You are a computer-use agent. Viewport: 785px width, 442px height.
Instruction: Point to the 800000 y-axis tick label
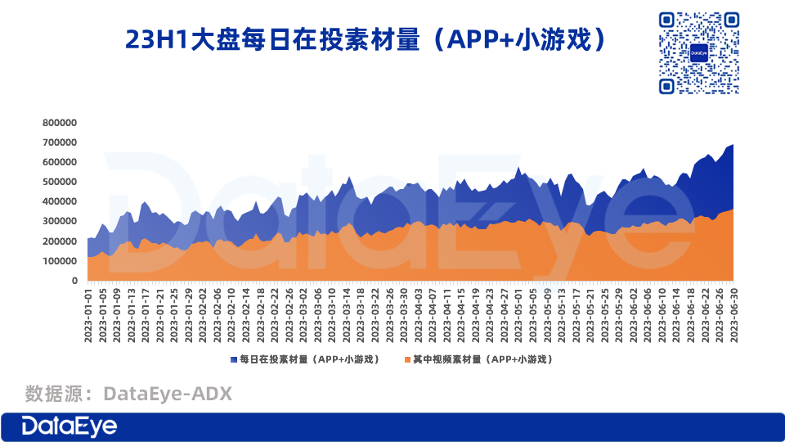tap(60, 123)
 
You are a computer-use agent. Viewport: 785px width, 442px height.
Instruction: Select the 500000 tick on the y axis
tap(60, 182)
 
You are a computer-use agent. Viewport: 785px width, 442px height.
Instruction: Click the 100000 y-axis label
tap(60, 261)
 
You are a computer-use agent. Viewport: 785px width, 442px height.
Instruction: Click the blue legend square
tap(234, 359)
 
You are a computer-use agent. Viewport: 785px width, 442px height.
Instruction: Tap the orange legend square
tap(406, 359)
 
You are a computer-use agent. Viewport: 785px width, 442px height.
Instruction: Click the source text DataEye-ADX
tap(168, 395)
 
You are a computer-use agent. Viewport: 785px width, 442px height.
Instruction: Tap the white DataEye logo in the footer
tap(70, 426)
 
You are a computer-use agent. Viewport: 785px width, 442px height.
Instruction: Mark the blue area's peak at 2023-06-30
tap(733, 146)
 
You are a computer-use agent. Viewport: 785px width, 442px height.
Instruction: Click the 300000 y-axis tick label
tap(60, 222)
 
